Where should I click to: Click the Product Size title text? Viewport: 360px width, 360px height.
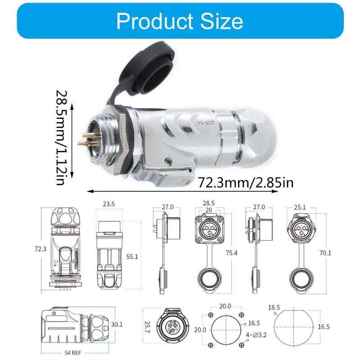(x=180, y=21)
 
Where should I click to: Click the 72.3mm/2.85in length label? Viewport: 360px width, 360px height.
(x=246, y=183)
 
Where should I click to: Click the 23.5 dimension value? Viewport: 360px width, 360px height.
(x=108, y=204)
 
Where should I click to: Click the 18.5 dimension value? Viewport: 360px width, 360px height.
(x=274, y=307)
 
